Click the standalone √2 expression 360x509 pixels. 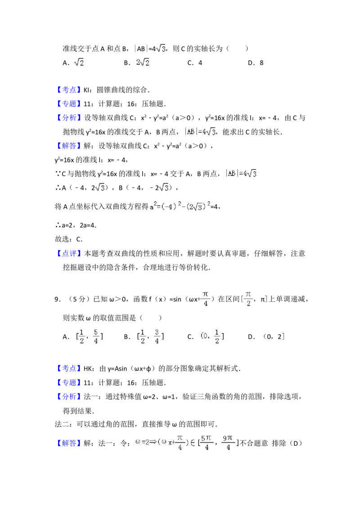pos(79,63)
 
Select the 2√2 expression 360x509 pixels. pos(142,63)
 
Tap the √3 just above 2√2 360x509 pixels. pos(160,49)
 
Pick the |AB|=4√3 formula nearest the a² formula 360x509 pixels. pos(241,173)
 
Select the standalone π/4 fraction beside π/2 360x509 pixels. pos(205,299)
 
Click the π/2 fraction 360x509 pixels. pos(248,299)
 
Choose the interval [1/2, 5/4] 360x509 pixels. pos(88,336)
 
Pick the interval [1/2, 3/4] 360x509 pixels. pos(149,336)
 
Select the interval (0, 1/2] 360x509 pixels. pos(212,336)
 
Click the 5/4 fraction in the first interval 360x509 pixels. pos(96,336)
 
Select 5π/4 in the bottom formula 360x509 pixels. pos(206,442)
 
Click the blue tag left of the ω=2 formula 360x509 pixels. pos(70,444)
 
